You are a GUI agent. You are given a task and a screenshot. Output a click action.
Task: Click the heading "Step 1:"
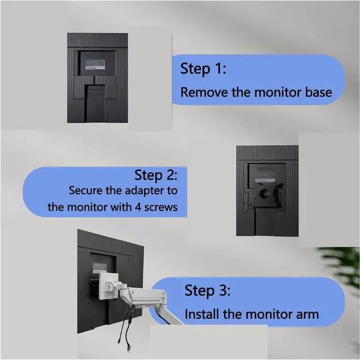coord(203,69)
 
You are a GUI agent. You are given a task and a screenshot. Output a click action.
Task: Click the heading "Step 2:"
coord(156,175)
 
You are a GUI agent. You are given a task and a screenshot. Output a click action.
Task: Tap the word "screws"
coord(161,207)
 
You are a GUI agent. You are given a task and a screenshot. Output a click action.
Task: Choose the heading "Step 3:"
coord(207,291)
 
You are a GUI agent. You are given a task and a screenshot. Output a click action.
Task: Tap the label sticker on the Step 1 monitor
coord(95,65)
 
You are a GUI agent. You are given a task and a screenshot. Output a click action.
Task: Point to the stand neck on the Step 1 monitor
coord(95,103)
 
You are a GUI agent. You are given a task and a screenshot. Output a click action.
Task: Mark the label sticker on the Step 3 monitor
coord(100,268)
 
